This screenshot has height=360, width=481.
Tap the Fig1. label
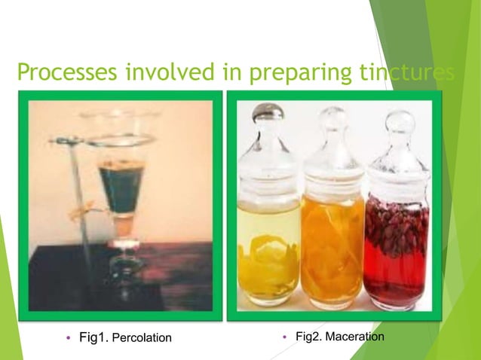tap(94, 337)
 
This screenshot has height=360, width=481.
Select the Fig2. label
tap(309, 336)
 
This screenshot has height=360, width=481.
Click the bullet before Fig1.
tap(70, 337)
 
